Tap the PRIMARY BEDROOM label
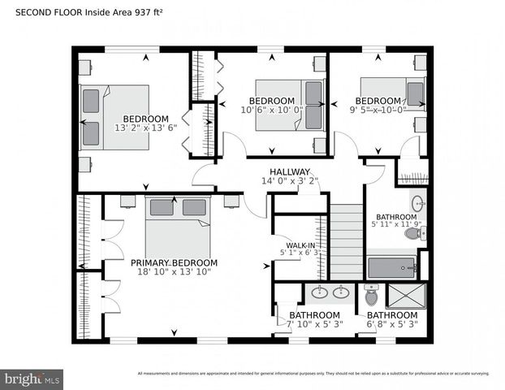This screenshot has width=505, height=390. coord(174,263)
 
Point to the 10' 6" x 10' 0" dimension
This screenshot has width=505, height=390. coord(271,110)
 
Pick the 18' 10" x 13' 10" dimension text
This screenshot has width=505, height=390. coord(174,272)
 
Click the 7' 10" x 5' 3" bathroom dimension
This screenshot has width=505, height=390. coord(314,324)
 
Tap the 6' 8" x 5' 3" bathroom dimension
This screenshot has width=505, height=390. coord(392,324)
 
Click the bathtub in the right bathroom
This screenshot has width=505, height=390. coord(391,267)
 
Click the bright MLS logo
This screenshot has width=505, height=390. coord(32,378)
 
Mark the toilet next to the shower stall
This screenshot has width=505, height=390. coord(372,292)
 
